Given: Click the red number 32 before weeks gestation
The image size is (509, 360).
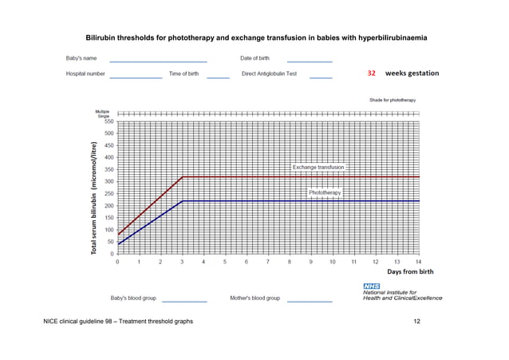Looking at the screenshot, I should coord(372,73).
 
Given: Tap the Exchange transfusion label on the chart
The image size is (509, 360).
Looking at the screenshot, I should coord(318,168).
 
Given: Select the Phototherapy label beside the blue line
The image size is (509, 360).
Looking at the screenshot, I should coord(325,193).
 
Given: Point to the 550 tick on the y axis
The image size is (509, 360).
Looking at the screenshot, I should coord(106,121).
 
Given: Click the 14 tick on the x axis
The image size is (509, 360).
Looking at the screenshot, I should coord(418,262).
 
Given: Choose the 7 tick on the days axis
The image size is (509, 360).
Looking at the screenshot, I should coord(268,262).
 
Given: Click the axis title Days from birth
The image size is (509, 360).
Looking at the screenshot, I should coord(410,271).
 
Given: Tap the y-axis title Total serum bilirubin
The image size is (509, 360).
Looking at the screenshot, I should coord(94,200).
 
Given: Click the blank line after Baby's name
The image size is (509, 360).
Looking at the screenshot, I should coord(158,61).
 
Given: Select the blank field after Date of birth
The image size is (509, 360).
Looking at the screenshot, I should coord(309,61).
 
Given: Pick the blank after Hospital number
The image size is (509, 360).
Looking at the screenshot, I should coord(136,77).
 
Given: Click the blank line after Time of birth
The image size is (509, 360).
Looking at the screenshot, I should coord(218,77).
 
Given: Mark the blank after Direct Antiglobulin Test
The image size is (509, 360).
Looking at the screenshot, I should coord(321,77).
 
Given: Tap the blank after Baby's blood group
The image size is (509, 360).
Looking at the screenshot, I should coord(184,301).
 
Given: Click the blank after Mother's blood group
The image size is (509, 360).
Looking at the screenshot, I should coord(309,301).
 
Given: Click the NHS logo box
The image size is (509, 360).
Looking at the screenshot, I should coord(371,286).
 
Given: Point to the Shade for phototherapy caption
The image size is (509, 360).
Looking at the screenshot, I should coord(393,100).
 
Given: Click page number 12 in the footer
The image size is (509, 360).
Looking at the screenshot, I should coord(416,321).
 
